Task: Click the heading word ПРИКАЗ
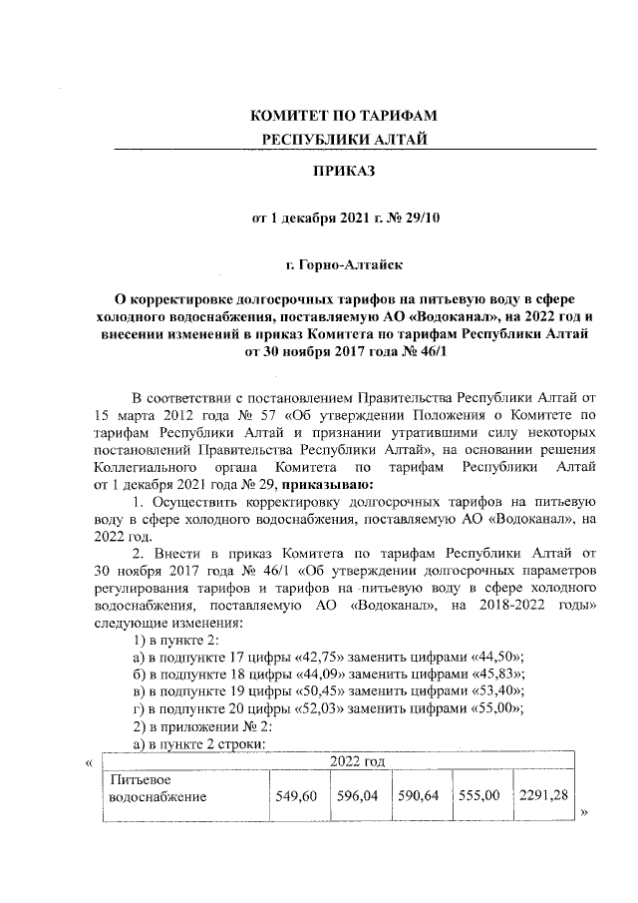pyautogui.click(x=345, y=172)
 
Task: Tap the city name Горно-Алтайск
pyautogui.click(x=345, y=266)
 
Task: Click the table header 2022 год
pyautogui.click(x=345, y=761)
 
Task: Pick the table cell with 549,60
pyautogui.click(x=295, y=797)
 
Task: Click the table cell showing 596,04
pyautogui.click(x=357, y=797)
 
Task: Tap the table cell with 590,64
pyautogui.click(x=419, y=797)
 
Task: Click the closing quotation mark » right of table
pyautogui.click(x=585, y=812)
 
